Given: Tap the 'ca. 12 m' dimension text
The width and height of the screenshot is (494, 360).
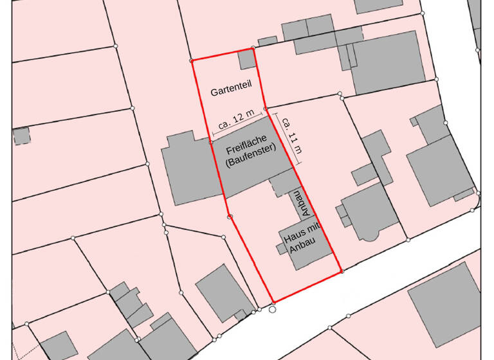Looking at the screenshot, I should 235,122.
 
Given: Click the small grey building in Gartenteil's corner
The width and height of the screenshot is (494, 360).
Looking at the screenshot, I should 246,60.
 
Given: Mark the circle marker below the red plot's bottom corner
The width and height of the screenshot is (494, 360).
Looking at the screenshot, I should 272,310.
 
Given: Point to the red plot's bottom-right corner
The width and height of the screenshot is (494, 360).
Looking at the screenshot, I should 342,272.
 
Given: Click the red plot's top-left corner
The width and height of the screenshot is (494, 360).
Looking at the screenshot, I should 192,61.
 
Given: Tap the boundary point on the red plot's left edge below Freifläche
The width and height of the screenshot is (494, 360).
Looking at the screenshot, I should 230,217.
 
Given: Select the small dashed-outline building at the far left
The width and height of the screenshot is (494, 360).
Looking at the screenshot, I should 21,136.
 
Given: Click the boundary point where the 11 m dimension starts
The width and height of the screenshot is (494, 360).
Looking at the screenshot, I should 266,109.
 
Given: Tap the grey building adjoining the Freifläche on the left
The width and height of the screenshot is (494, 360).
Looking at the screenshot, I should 187,168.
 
